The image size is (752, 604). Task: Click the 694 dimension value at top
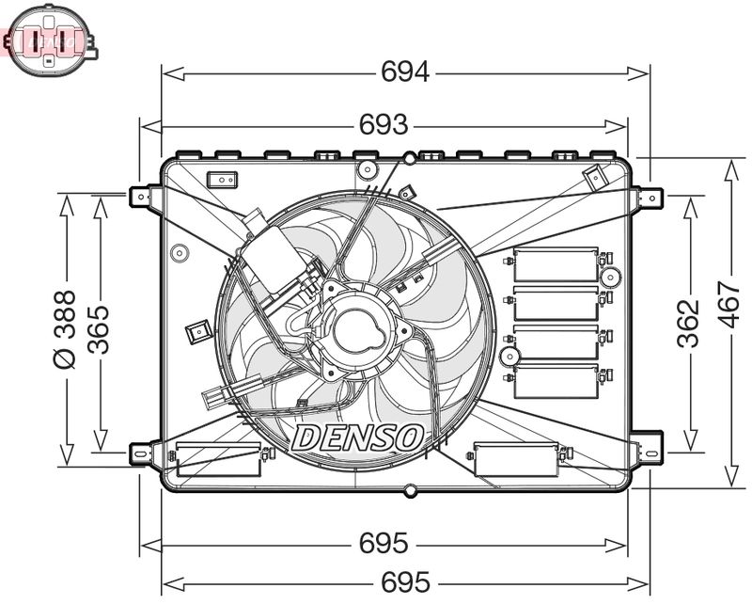pyautogui.click(x=405, y=72)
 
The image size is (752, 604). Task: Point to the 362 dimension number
pyautogui.click(x=689, y=323)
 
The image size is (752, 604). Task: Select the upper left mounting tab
pyautogui.click(x=141, y=196)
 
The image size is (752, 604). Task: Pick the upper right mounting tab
pyautogui.click(x=648, y=197)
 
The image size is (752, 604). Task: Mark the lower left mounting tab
pyautogui.click(x=141, y=453)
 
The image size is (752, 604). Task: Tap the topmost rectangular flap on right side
pyautogui.click(x=556, y=264)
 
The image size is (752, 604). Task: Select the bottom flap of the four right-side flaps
pyautogui.click(x=556, y=380)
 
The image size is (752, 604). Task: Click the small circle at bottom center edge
pyautogui.click(x=409, y=490)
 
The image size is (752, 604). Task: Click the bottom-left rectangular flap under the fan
pyautogui.click(x=218, y=456)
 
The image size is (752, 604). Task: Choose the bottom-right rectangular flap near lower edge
pyautogui.click(x=516, y=457)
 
